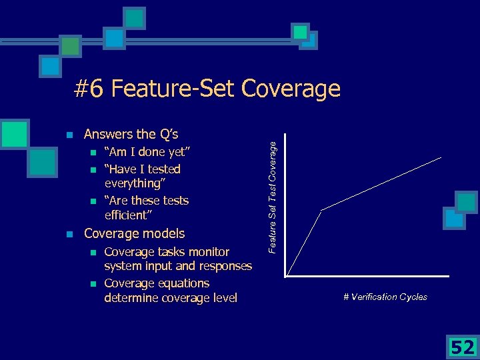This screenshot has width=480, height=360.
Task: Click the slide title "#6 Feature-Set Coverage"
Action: coord(207,88)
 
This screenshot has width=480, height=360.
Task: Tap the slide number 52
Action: coord(461,346)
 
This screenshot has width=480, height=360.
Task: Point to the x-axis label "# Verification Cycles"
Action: coord(385,297)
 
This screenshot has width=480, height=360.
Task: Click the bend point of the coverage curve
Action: coord(321,211)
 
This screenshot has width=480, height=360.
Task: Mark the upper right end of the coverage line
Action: coord(441,158)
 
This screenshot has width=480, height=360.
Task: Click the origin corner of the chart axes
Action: coord(286,275)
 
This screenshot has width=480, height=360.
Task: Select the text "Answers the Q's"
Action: coord(131,134)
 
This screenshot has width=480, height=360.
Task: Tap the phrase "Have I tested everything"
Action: coord(143,176)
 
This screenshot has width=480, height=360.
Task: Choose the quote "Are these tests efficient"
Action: coord(147,207)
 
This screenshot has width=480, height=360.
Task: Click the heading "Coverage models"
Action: coord(134,233)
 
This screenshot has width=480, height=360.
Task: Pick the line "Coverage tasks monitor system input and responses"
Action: coord(177,259)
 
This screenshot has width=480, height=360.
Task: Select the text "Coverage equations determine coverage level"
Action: coord(170,290)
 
